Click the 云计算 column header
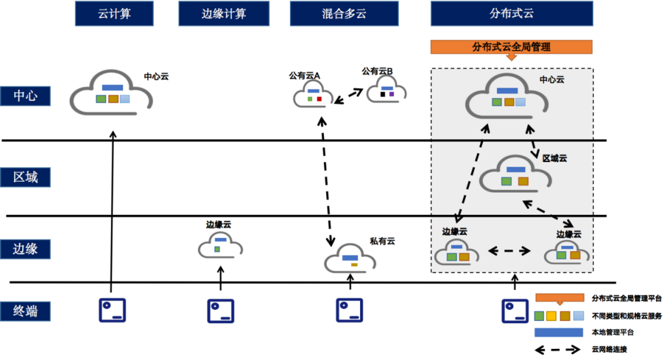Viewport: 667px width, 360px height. click(x=114, y=13)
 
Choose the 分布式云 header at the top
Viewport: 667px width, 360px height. click(x=512, y=13)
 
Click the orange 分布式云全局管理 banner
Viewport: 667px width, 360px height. click(x=512, y=47)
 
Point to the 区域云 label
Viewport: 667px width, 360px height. click(x=555, y=158)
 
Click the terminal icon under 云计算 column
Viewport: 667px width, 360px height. click(x=112, y=311)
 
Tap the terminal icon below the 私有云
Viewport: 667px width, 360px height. click(x=349, y=311)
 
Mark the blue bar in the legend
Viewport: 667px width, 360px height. click(x=557, y=332)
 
